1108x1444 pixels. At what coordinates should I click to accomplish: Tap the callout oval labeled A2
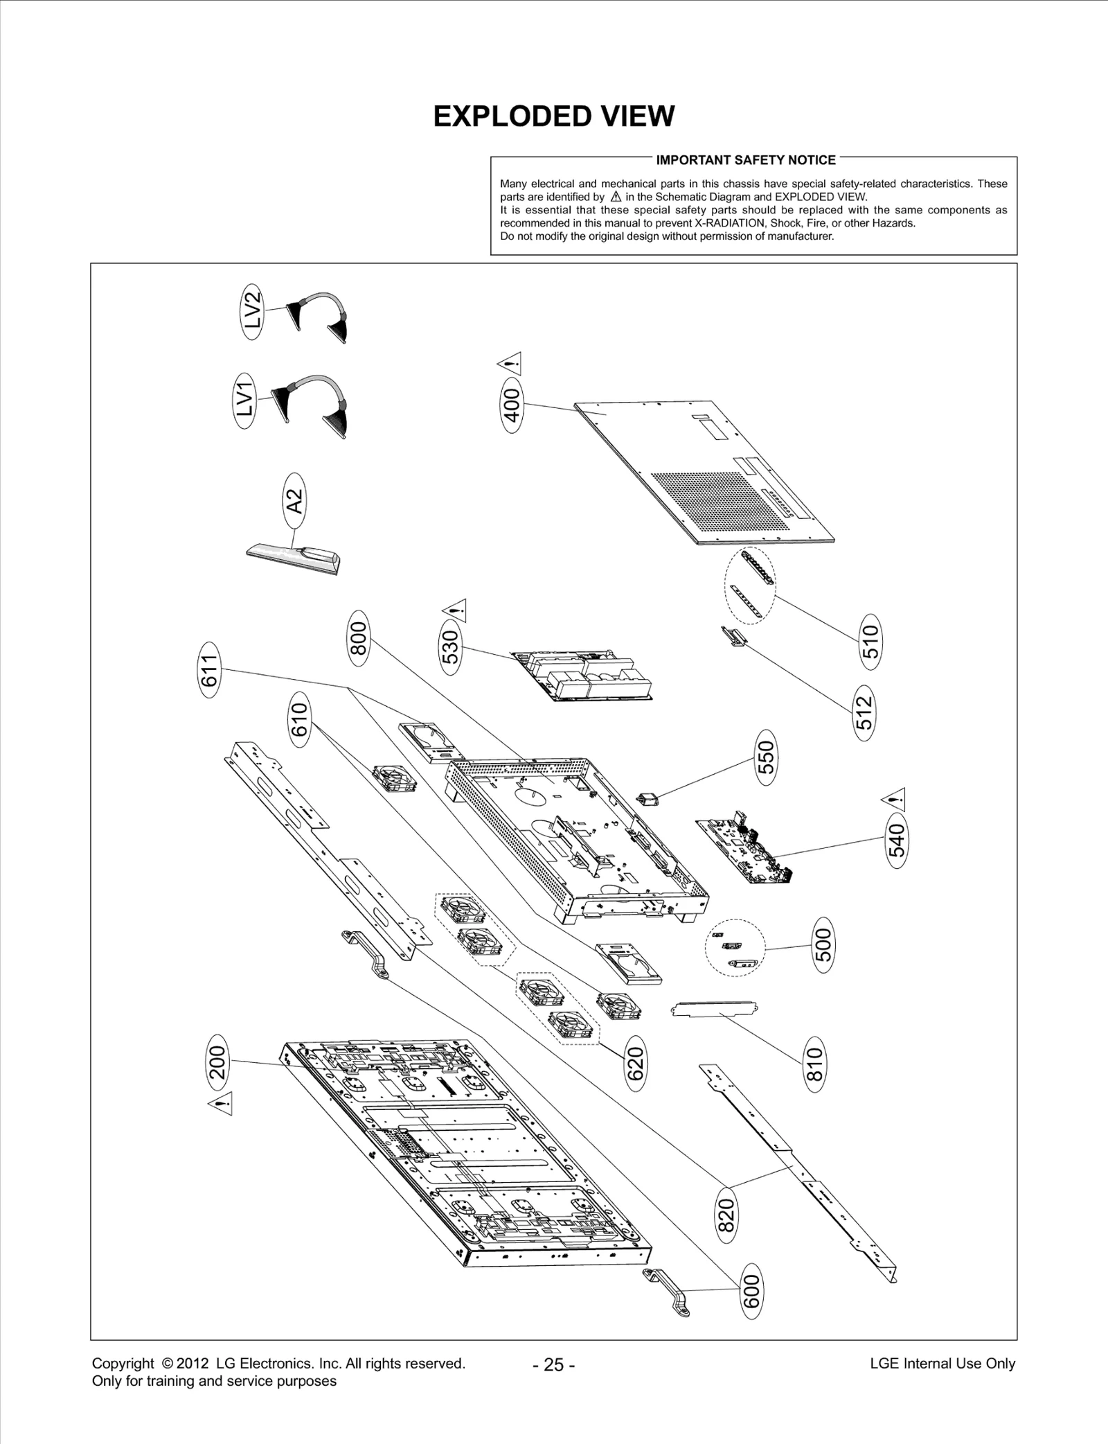click(294, 500)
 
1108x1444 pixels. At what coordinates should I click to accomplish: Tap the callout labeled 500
click(823, 944)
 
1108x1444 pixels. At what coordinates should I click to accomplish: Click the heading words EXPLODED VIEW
click(553, 116)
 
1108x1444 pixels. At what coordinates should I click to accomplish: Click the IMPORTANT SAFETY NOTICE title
click(746, 160)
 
